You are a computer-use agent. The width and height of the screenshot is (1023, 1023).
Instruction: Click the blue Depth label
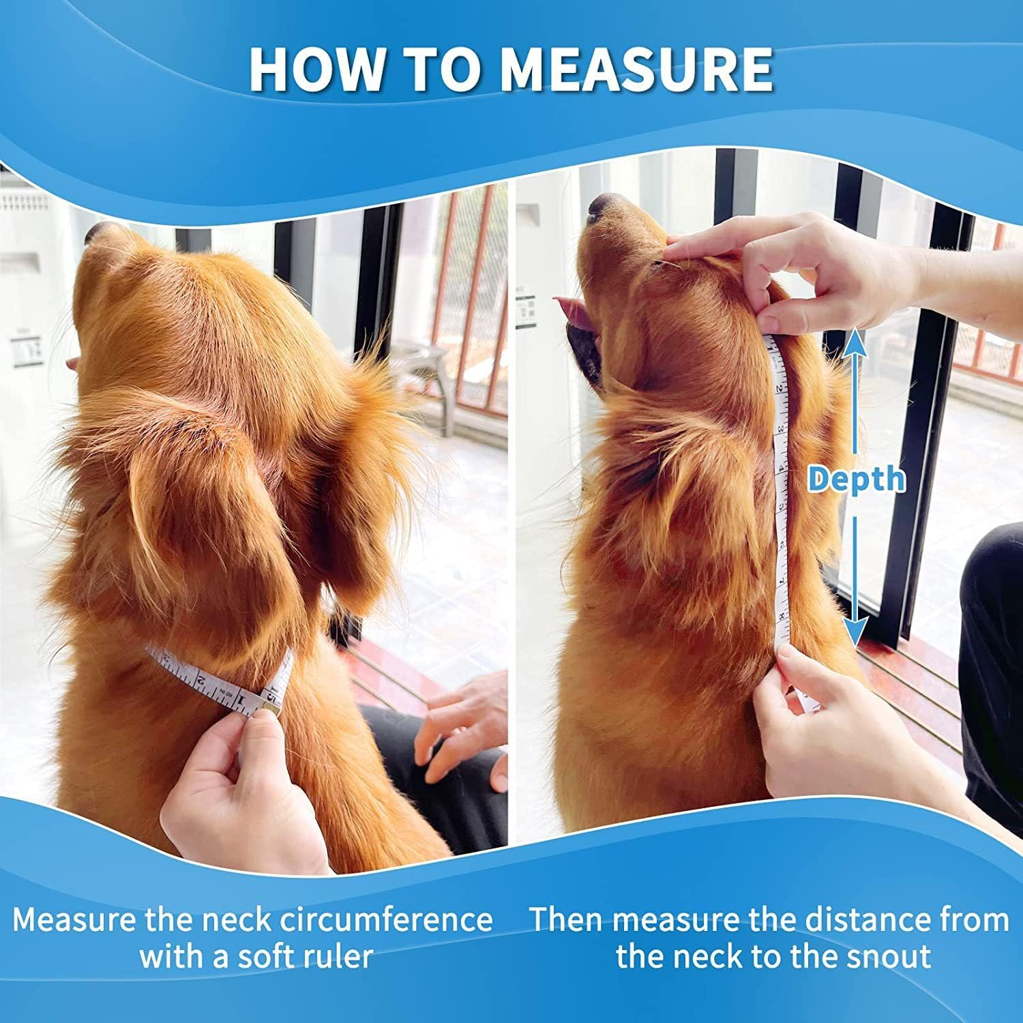(x=857, y=479)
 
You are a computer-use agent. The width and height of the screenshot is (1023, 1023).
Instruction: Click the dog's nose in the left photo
(x=95, y=233)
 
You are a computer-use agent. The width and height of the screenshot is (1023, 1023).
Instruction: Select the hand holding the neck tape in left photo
(x=239, y=784)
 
